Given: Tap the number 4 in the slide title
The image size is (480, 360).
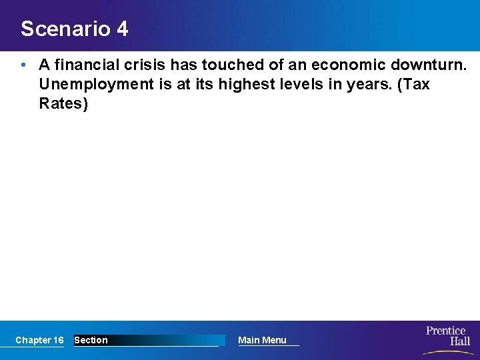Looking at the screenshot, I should click(121, 29).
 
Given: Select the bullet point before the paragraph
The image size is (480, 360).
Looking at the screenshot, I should click(23, 65).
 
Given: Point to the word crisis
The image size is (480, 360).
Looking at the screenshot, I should click(145, 65).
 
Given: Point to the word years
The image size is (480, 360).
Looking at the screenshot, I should click(360, 85).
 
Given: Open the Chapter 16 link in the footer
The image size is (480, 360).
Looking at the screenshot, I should click(39, 340).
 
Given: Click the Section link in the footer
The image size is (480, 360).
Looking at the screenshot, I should click(91, 340).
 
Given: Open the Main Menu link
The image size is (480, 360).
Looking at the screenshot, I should click(262, 340).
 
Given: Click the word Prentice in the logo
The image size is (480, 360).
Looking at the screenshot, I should click(446, 331).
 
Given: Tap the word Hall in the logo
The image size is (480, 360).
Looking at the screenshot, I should click(459, 341).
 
